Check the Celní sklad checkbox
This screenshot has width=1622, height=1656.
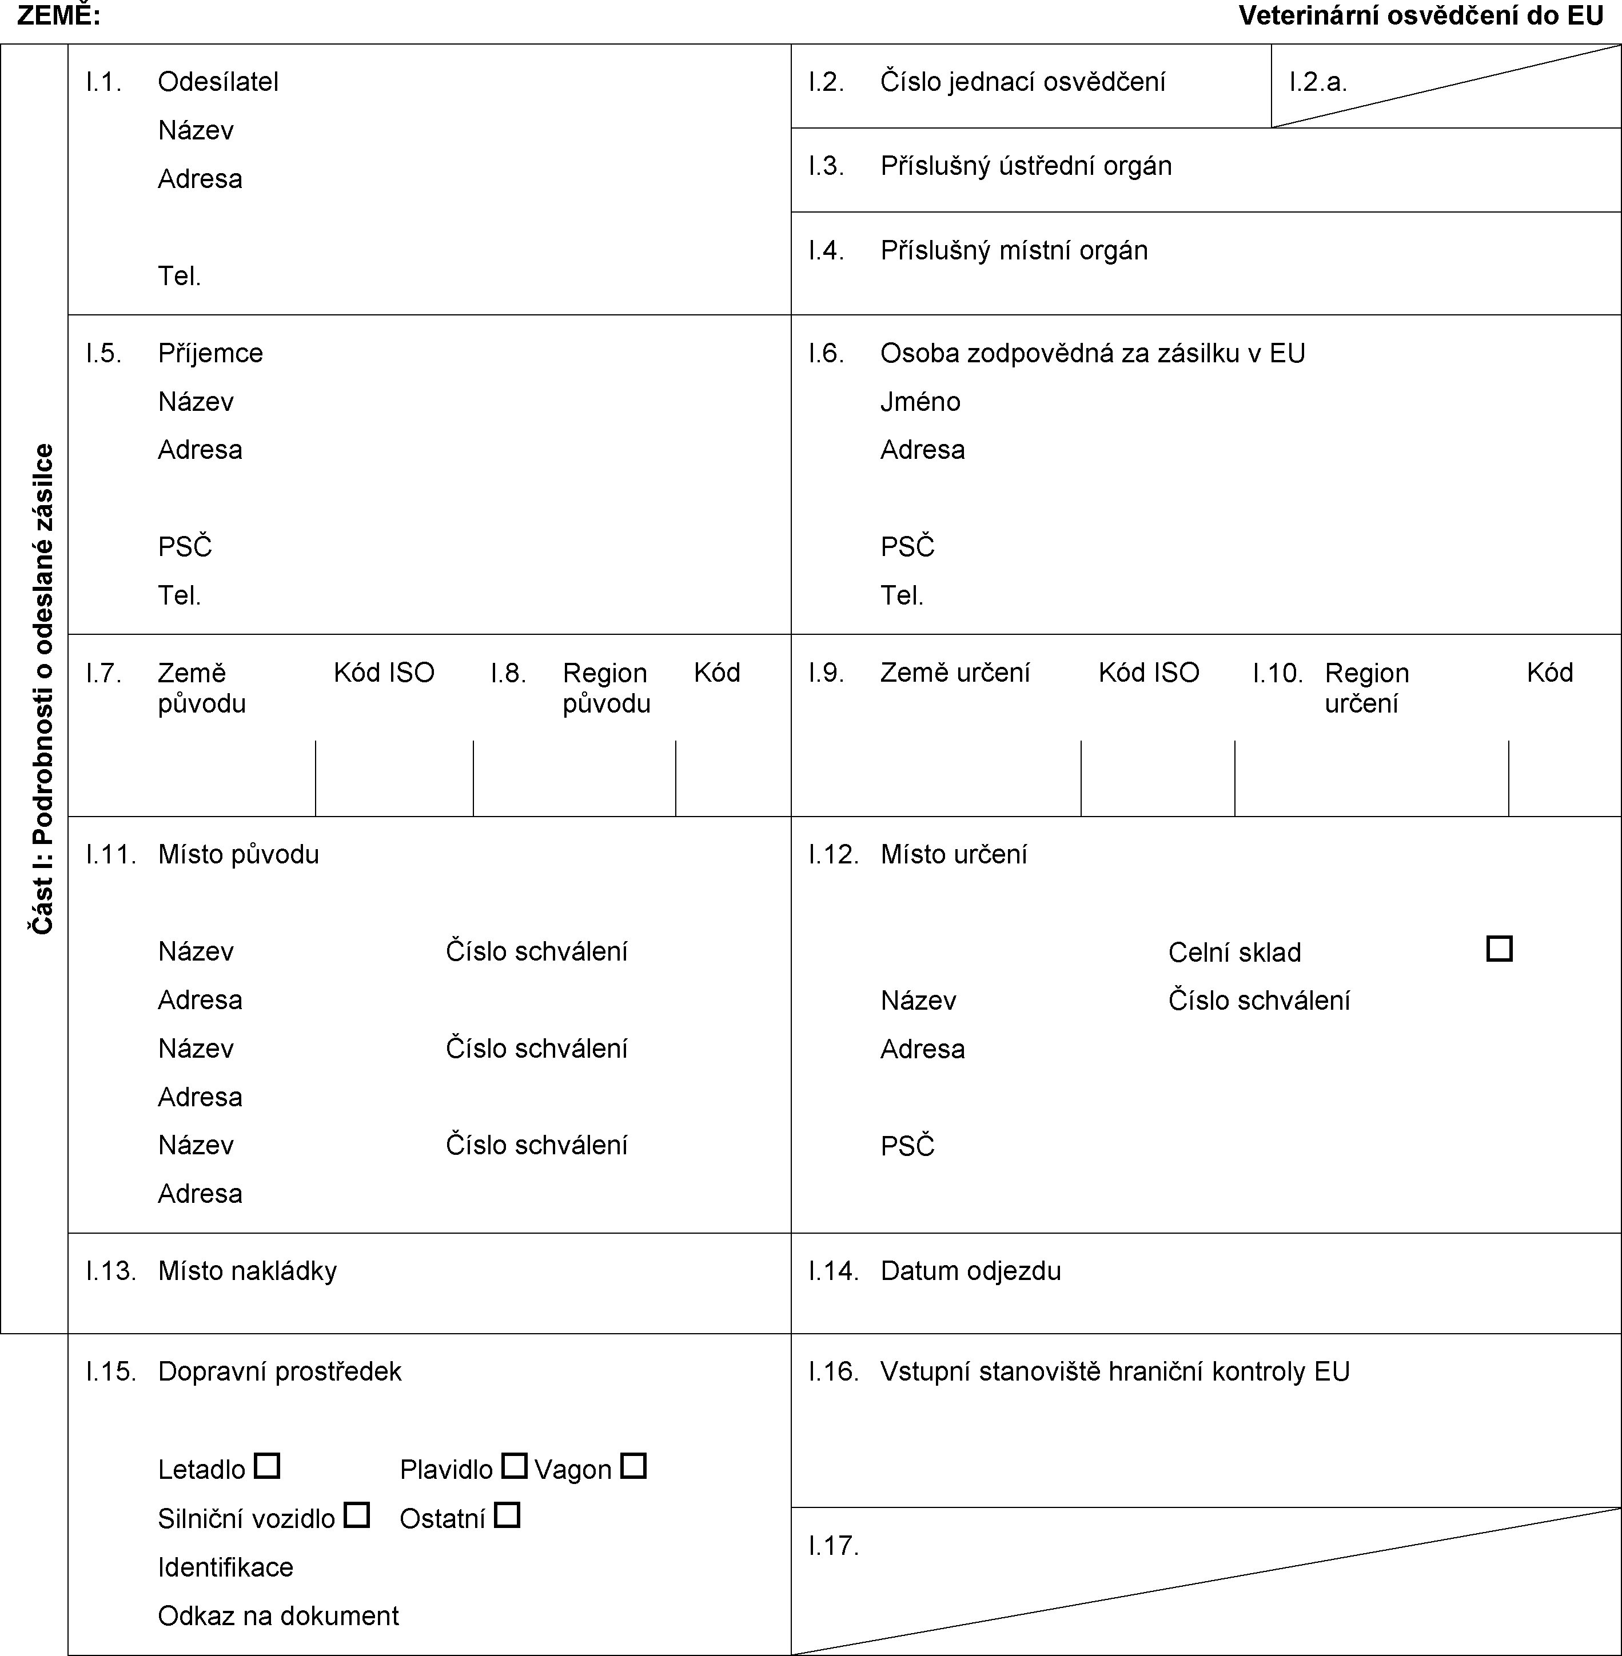point(1499,949)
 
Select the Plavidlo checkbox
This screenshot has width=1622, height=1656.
point(513,1465)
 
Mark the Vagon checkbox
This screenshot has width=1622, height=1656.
point(633,1465)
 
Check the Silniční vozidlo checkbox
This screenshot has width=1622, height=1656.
point(356,1515)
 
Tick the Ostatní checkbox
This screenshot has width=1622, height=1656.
point(507,1515)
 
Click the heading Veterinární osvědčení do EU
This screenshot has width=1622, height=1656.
point(1421,15)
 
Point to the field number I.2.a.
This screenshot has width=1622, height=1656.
point(1318,82)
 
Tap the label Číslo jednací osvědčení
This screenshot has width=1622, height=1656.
point(1022,82)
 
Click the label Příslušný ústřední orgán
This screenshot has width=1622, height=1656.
point(1026,165)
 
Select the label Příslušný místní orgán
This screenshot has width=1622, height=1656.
point(1014,250)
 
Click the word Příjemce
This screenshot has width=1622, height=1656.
point(210,353)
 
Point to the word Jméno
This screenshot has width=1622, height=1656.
point(920,401)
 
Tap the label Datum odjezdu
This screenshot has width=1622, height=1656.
point(970,1270)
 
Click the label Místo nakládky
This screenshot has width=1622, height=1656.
point(247,1270)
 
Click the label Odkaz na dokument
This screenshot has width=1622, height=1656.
point(278,1615)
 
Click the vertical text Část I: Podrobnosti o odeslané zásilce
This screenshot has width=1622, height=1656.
point(43,689)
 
